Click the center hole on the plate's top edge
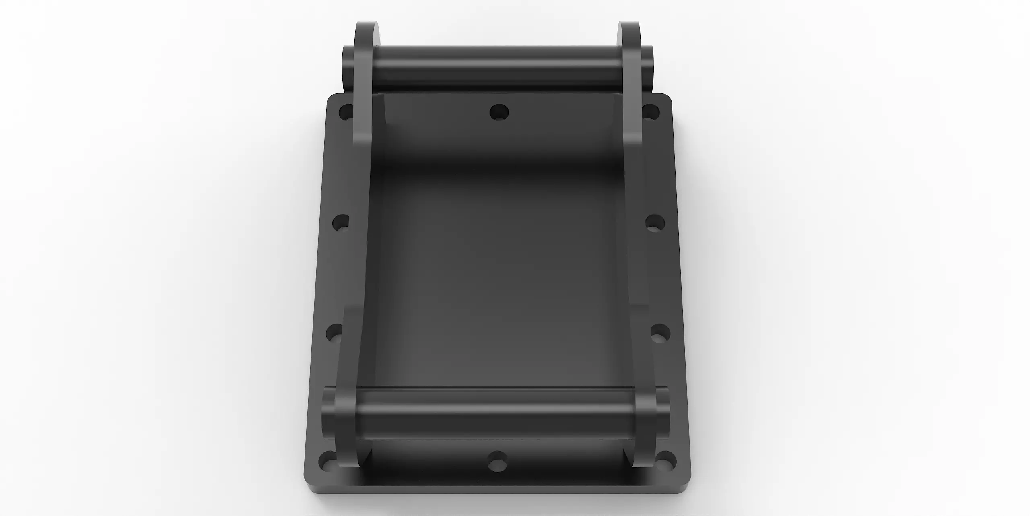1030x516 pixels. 499,112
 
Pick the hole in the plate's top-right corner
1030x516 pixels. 650,112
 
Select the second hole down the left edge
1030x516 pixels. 341,223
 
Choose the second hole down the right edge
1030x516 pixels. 655,223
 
